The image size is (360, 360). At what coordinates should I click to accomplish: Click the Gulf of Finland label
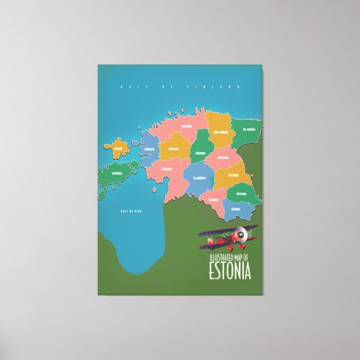pyautogui.click(x=180, y=87)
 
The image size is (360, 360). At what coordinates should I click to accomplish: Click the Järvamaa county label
pyautogui.click(x=200, y=154)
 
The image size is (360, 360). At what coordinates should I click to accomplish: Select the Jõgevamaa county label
pyautogui.click(x=223, y=158)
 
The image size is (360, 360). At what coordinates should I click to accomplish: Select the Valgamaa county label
pyautogui.click(x=213, y=200)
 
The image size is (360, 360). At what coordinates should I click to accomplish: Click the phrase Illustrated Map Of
pyautogui.click(x=230, y=257)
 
